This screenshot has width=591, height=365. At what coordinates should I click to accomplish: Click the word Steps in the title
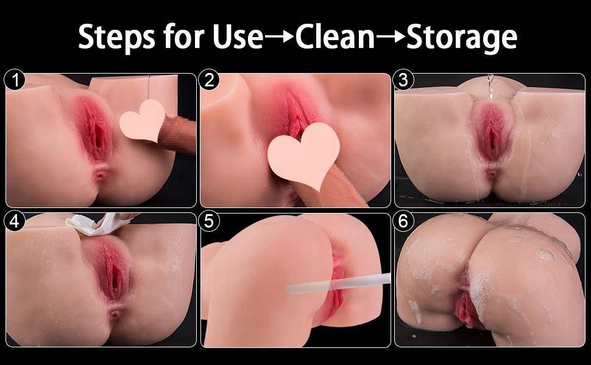coord(116,37)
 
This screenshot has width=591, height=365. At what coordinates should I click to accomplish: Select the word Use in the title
coord(238,37)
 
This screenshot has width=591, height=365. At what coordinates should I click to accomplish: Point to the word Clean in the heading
coord(334,37)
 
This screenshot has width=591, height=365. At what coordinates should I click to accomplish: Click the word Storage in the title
coord(461,38)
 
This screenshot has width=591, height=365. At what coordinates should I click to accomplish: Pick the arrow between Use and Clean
coord(279,36)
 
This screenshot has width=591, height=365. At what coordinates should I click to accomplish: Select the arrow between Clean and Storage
coord(391,36)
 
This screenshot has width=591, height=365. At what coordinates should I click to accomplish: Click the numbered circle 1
coord(15,81)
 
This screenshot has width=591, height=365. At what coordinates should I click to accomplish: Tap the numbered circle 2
coord(209,81)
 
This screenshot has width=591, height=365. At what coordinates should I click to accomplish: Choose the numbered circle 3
coord(403,81)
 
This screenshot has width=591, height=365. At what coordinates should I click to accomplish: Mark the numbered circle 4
coord(15,221)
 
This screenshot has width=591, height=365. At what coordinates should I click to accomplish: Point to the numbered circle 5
coord(209,221)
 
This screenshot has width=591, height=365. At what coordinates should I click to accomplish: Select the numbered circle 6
coord(403,221)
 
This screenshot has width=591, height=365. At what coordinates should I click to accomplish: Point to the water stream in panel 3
coord(490,86)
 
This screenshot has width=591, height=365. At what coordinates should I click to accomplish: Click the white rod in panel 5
coord(338,284)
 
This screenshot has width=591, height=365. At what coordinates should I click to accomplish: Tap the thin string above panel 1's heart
coord(149,87)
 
